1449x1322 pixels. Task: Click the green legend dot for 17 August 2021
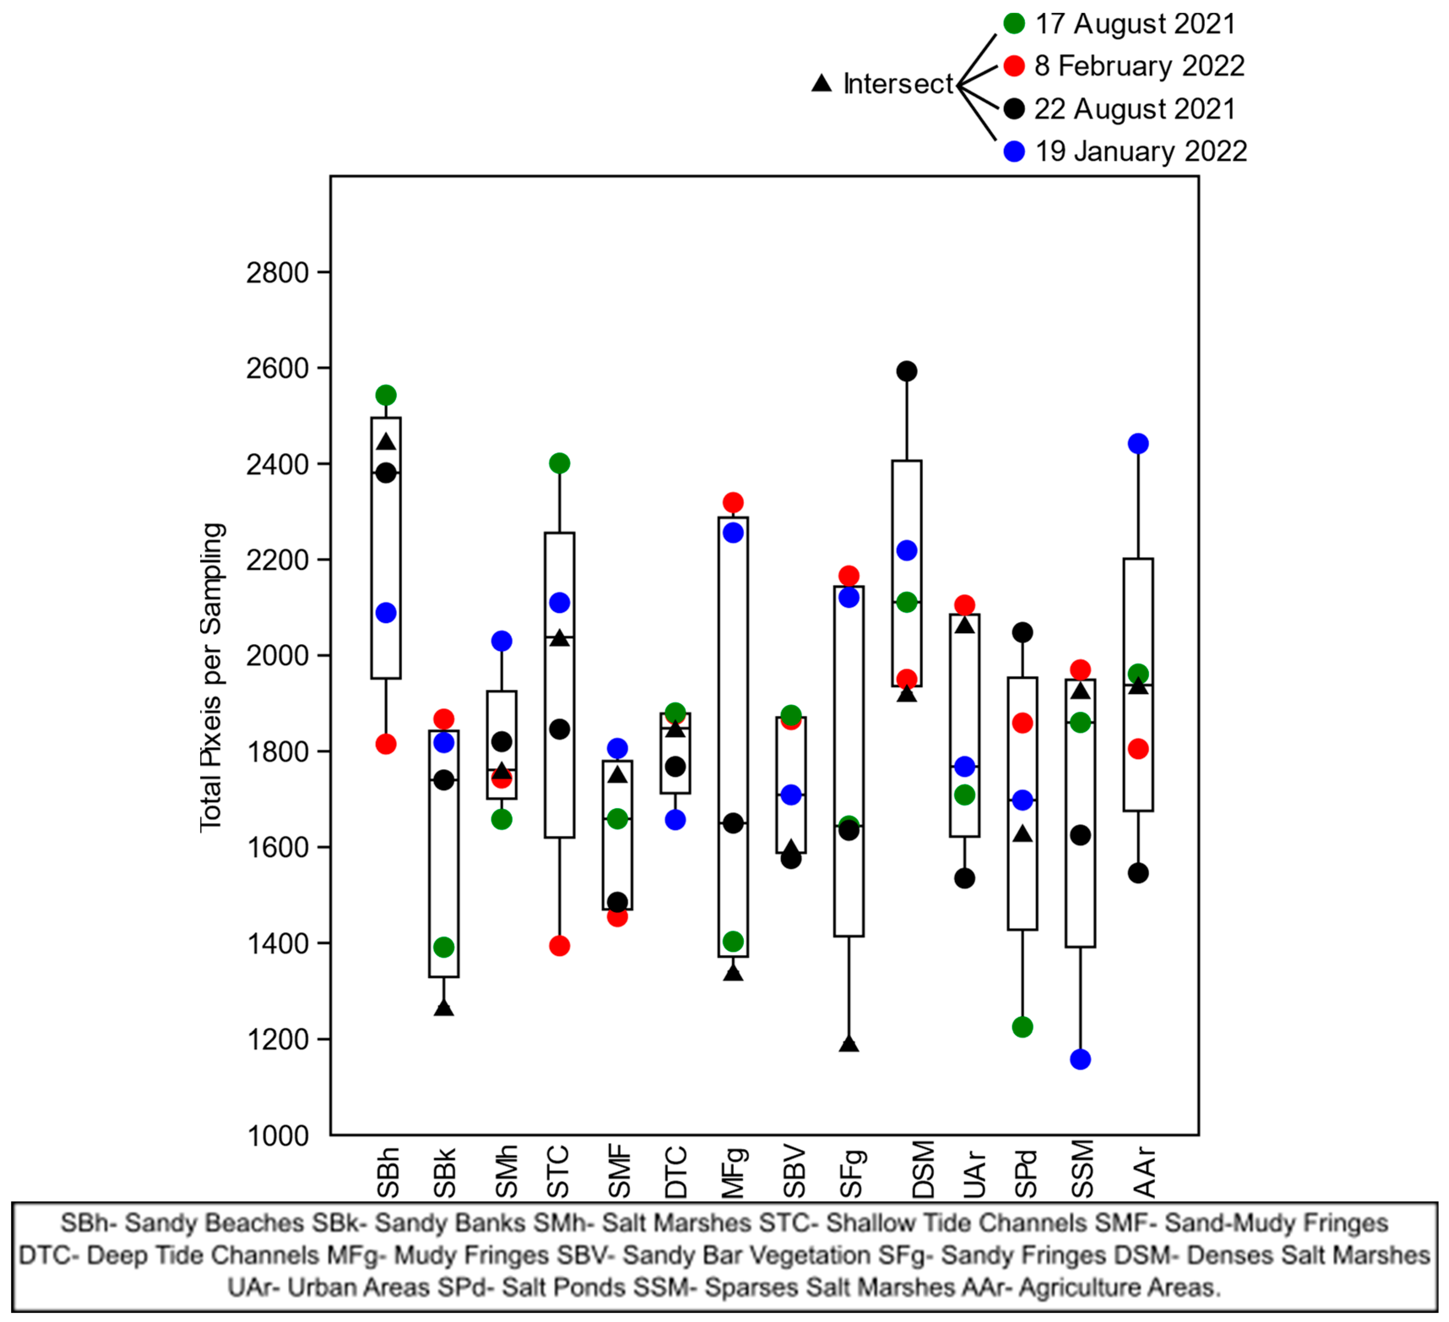1013,24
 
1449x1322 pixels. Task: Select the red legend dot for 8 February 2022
1013,66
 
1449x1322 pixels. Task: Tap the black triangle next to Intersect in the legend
821,84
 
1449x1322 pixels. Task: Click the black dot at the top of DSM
907,371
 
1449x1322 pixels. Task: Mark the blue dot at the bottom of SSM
1080,1059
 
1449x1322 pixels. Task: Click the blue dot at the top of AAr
1138,444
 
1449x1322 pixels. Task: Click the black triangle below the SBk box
444,1008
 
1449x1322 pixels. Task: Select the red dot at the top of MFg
733,502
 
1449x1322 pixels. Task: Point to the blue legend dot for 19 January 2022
1013,152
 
